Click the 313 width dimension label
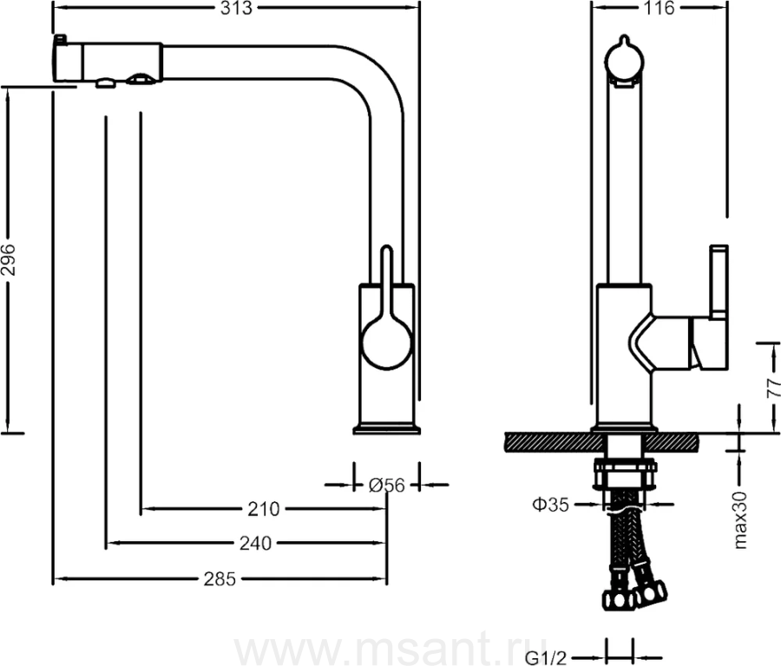pos(237,8)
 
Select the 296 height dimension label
pos(9,260)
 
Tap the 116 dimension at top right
pos(659,8)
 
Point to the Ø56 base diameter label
pos(386,485)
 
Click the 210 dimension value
pos(264,509)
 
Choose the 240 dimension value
pos(255,543)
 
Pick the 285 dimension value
pos(220,579)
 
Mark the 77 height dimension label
pos(772,388)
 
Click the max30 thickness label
pos(740,520)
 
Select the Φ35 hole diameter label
pos(550,505)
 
